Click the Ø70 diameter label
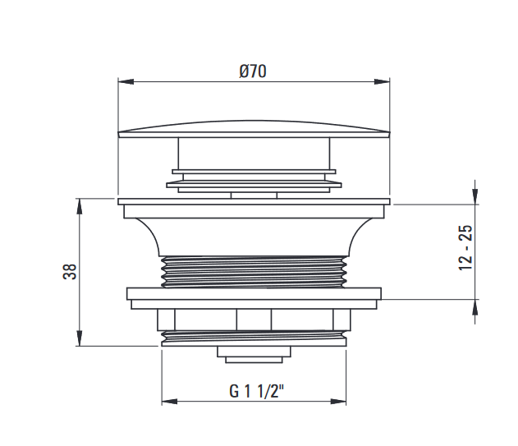tap(253, 71)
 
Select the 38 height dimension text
tap(70, 272)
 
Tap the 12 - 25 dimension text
tap(465, 247)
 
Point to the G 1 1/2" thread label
tap(256, 391)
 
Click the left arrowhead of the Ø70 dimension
tap(126, 81)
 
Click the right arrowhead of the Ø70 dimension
tap(382, 81)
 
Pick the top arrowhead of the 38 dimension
tap(80, 206)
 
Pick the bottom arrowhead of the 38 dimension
tap(80, 338)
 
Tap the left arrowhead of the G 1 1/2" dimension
tap(169, 402)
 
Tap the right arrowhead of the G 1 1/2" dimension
tap(338, 402)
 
